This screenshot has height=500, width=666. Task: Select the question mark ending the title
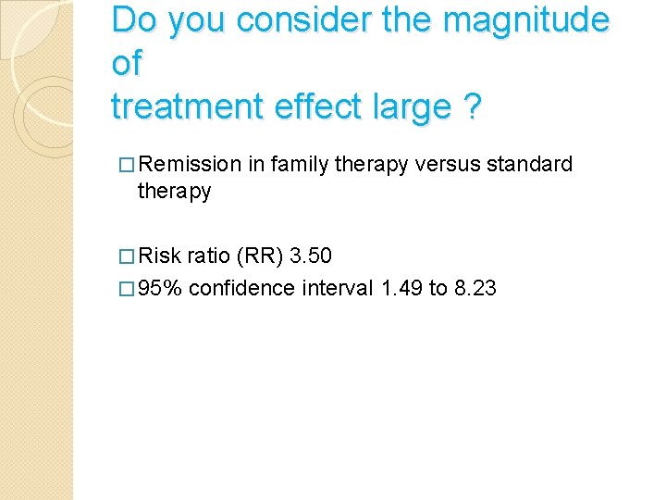474,107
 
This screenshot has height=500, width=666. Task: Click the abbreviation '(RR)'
254,256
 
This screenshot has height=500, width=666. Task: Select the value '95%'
162,289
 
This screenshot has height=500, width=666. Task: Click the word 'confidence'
242,289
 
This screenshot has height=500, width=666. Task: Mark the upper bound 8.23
475,289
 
